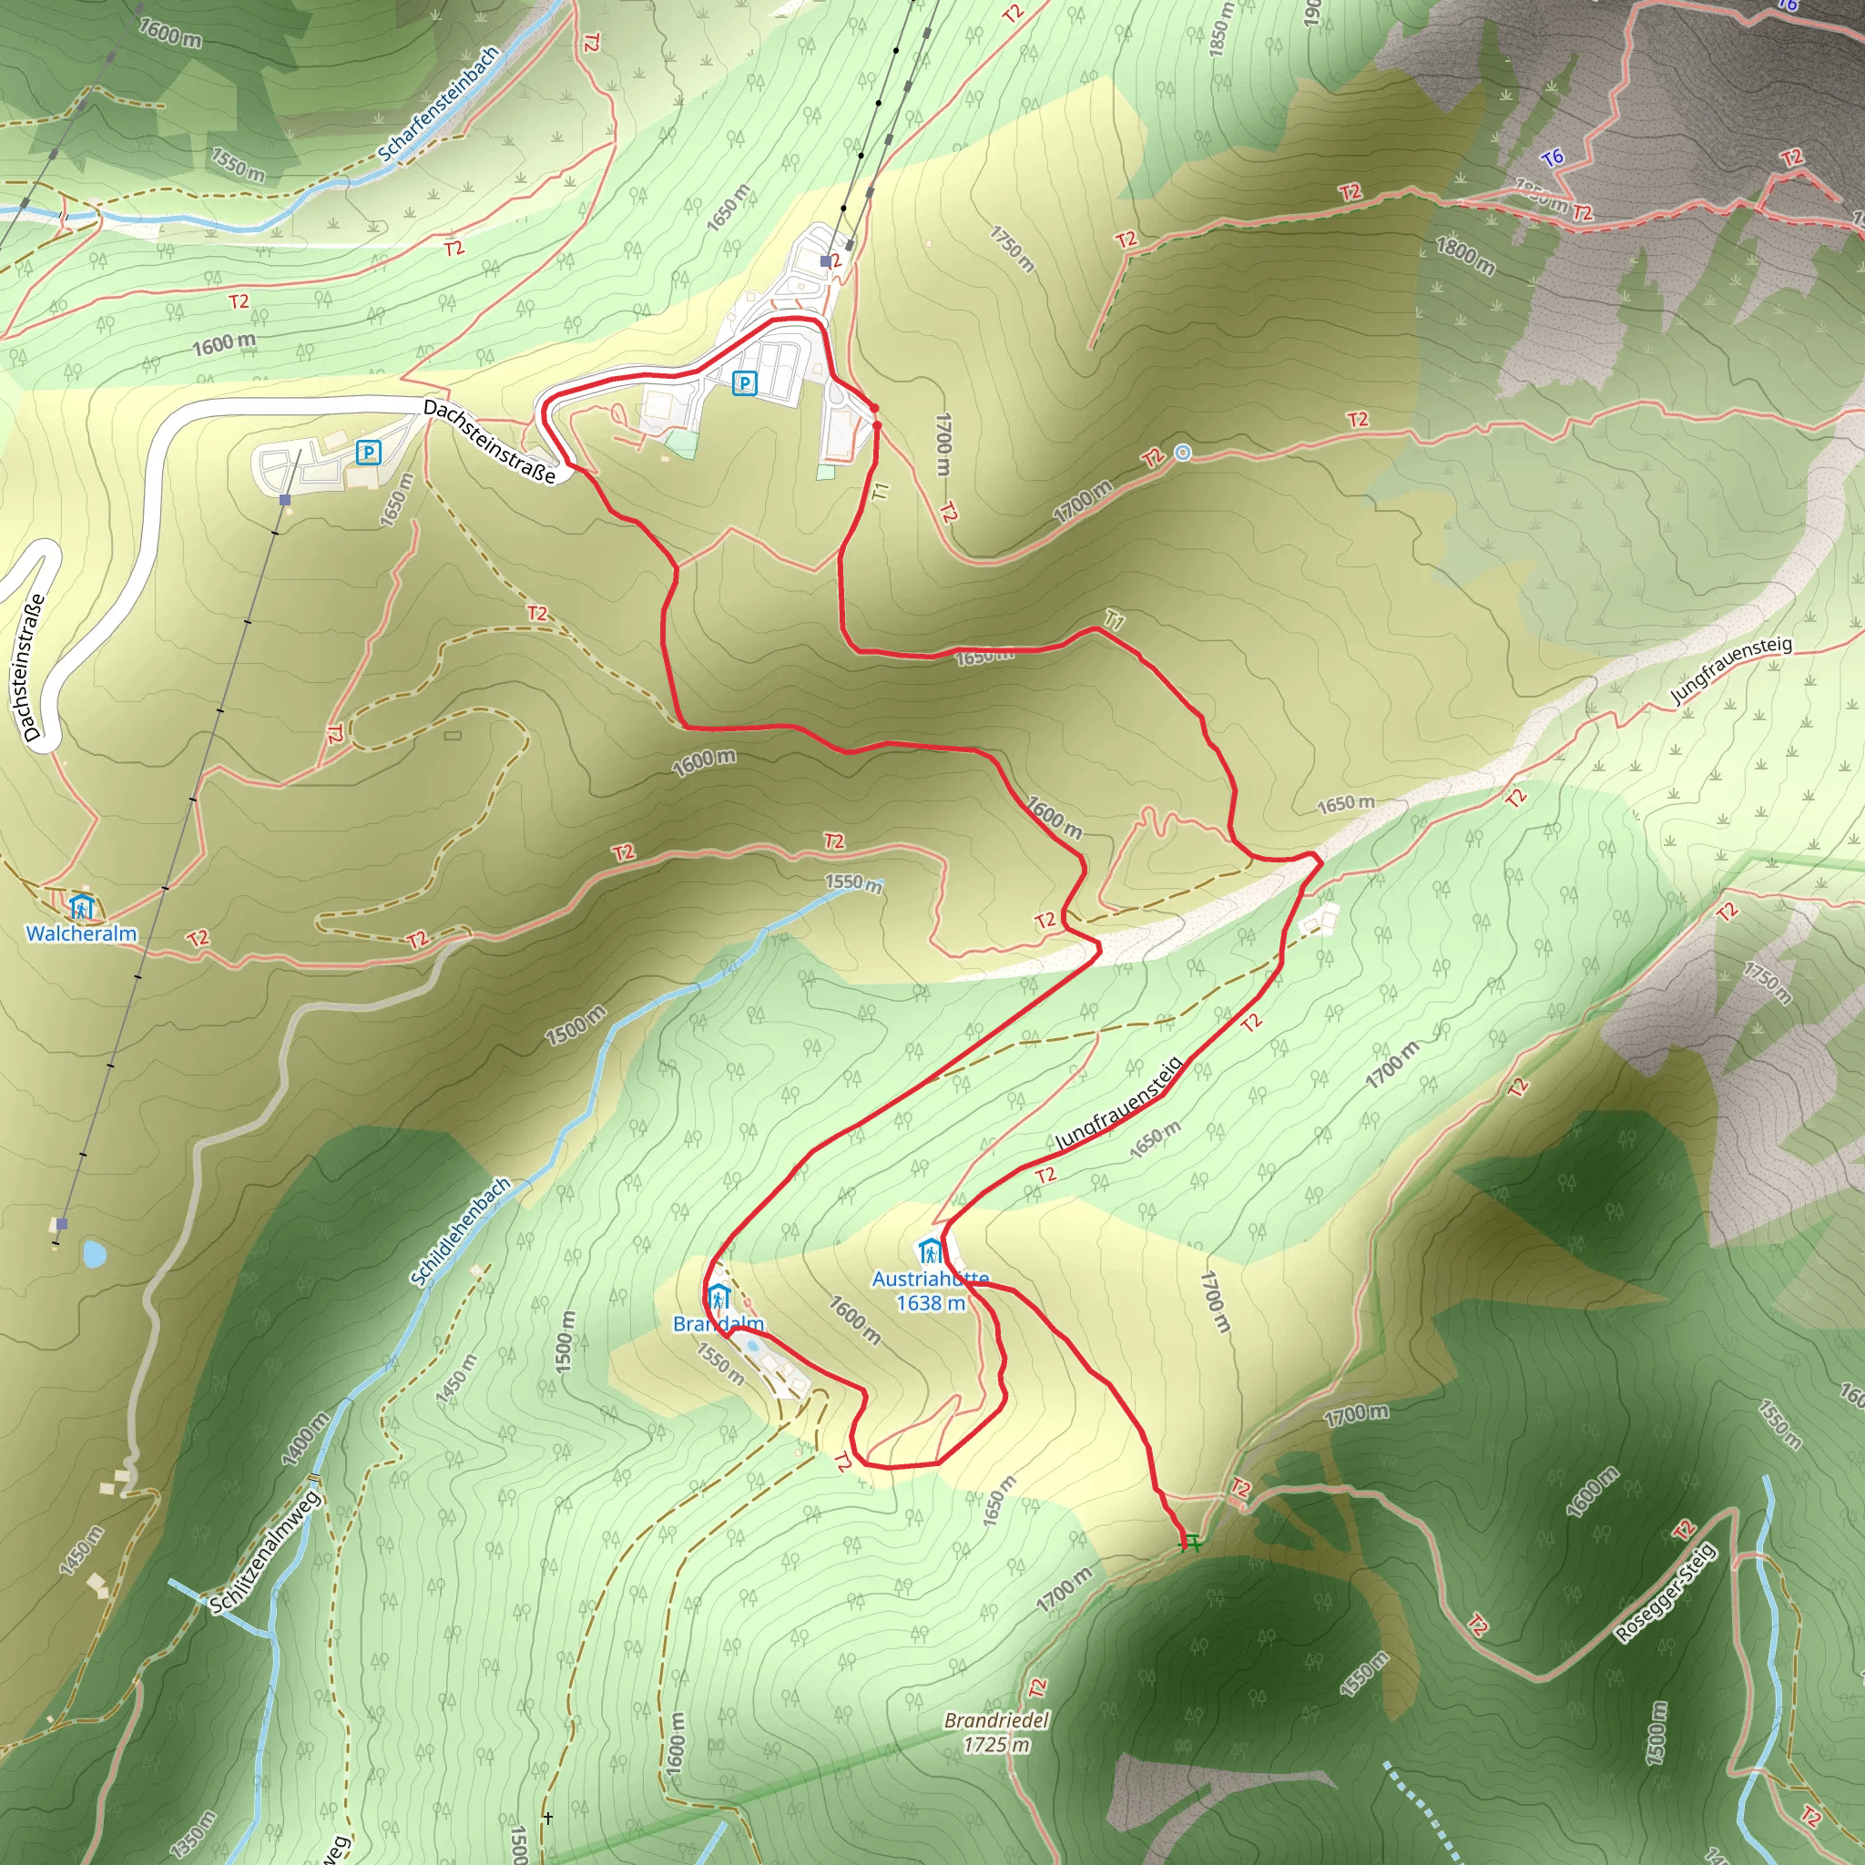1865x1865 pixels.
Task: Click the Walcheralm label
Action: tap(81, 933)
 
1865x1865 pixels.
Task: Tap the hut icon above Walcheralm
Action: tap(82, 907)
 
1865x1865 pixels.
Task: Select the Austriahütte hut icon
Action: tap(930, 1252)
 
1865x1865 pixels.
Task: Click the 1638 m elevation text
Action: tap(931, 1303)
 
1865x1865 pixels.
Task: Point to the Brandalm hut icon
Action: tap(718, 1298)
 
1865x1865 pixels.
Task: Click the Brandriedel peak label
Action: tap(996, 1720)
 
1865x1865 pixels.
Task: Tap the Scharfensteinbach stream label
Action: tap(439, 103)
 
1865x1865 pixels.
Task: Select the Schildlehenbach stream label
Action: tap(461, 1232)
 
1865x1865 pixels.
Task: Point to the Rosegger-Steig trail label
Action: tap(1666, 1593)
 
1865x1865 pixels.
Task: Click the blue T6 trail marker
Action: tap(1553, 158)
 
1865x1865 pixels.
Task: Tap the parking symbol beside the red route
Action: tap(744, 383)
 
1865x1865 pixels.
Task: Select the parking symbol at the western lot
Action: tap(368, 452)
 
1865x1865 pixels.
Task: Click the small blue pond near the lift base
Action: tap(94, 1254)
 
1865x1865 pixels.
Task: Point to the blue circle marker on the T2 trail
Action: tap(1183, 453)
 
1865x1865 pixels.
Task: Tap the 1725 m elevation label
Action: tap(996, 1744)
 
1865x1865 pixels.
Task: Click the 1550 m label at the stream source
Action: tap(853, 882)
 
